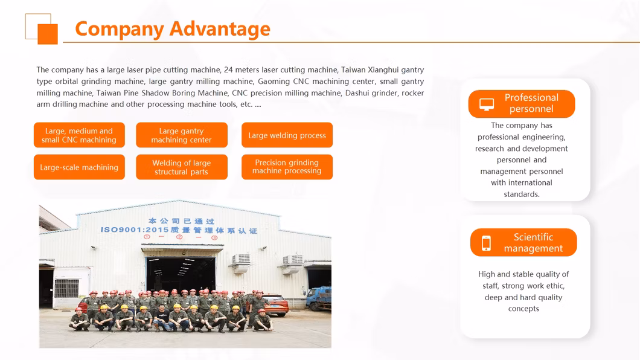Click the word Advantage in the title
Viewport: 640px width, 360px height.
click(x=220, y=28)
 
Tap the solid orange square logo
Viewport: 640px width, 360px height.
click(x=48, y=34)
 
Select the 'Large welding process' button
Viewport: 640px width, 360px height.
click(x=287, y=135)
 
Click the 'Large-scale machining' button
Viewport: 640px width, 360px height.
click(x=79, y=167)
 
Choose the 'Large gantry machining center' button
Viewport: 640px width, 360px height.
click(x=182, y=135)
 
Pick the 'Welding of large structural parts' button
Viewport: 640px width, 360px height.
click(x=182, y=167)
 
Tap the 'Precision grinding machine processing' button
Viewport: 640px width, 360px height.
click(x=287, y=167)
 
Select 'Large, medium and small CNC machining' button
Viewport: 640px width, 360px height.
click(x=79, y=135)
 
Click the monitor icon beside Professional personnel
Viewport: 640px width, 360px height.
click(x=487, y=104)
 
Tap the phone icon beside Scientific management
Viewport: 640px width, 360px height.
click(x=486, y=243)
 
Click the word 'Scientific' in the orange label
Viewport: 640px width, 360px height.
click(x=533, y=237)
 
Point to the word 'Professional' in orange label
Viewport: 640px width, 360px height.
click(x=531, y=98)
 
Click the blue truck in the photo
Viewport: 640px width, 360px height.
click(x=319, y=298)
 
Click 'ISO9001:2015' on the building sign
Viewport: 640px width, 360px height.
click(x=135, y=230)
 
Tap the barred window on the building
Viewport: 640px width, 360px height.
click(x=66, y=288)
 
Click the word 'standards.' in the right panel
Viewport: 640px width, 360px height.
click(x=522, y=194)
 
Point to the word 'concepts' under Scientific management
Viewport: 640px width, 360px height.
click(x=523, y=309)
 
